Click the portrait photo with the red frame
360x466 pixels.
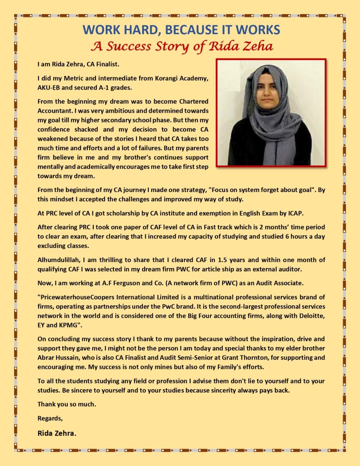pos(271,112)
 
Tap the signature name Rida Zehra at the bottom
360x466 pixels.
pos(57,433)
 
